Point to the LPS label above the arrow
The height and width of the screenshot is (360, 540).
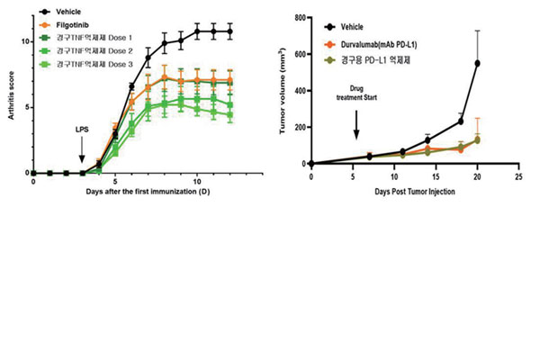tap(82, 130)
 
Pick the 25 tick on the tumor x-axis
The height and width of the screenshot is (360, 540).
tap(517, 176)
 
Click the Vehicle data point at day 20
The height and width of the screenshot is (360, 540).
tap(476, 63)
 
